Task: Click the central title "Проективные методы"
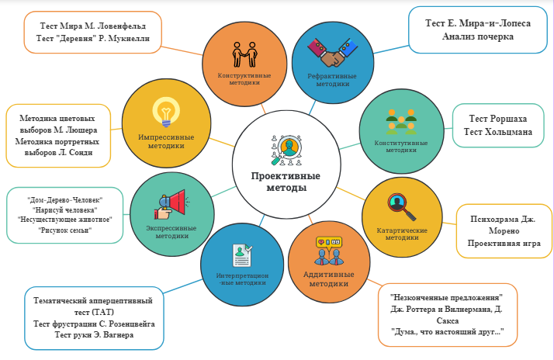tap(286, 182)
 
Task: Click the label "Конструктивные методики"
tap(244, 78)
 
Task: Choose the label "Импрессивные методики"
tap(166, 141)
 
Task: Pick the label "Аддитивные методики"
tap(329, 279)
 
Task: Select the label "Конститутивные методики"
tap(401, 147)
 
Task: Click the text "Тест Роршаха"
tap(498, 119)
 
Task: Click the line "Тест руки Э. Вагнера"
tap(93, 334)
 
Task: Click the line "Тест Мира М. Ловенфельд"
tap(92, 24)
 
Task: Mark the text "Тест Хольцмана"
tap(498, 132)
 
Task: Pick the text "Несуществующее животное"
tap(65, 220)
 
